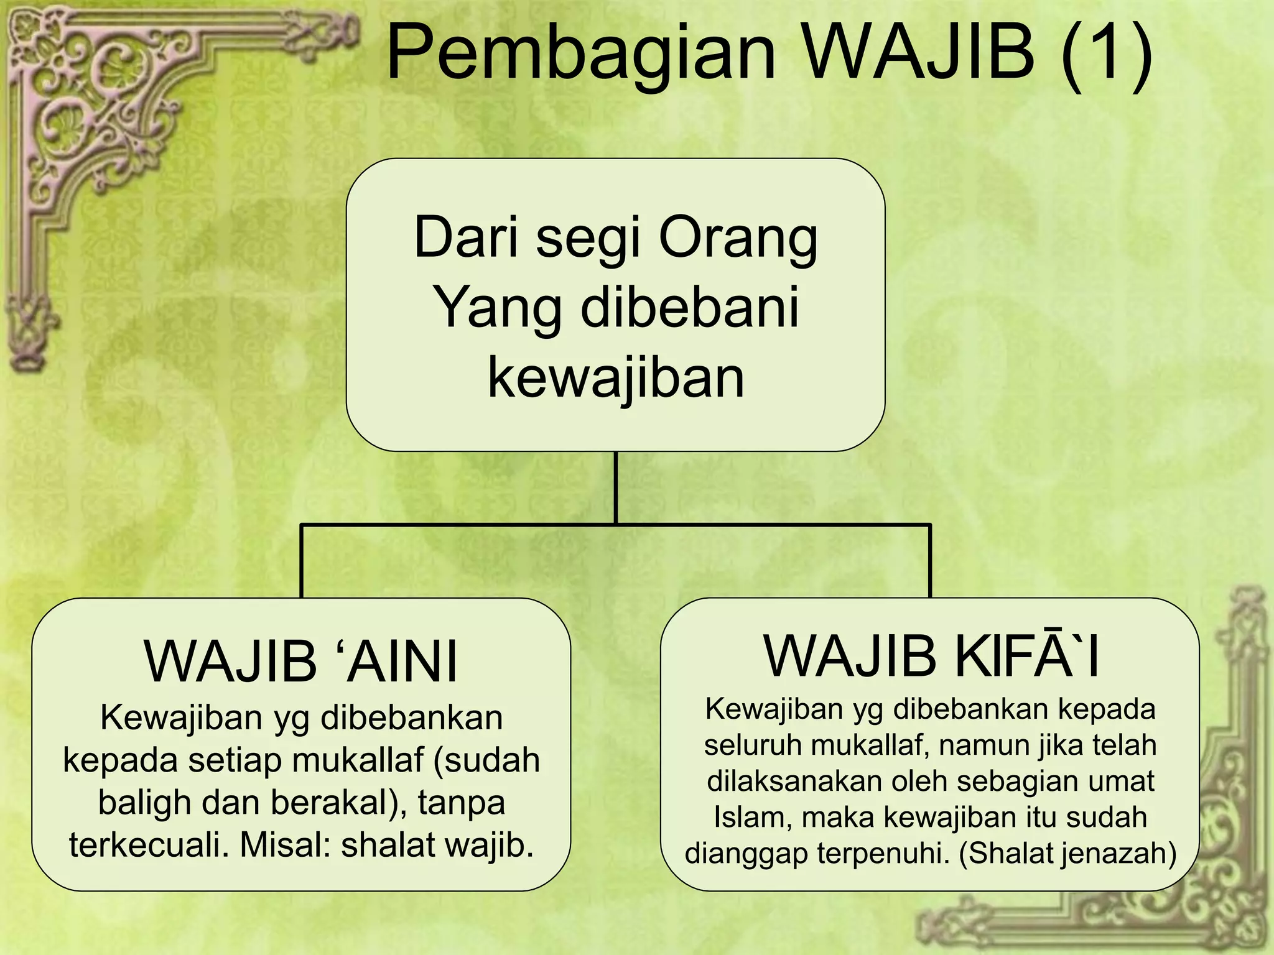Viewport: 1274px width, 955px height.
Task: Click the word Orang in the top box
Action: tap(738, 238)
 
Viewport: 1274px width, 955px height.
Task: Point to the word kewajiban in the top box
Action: tap(616, 378)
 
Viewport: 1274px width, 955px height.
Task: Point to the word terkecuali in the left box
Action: tap(149, 844)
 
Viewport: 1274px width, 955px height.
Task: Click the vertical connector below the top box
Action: tap(616, 487)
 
